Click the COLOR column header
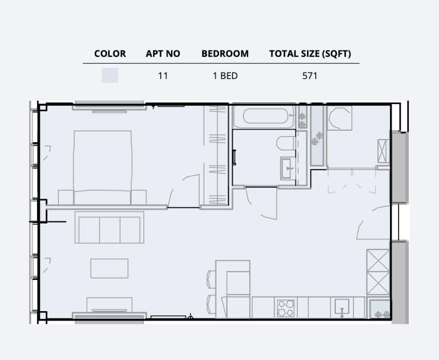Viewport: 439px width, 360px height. coord(110,54)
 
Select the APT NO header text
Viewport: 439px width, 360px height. coord(163,54)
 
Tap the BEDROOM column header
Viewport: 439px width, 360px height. coord(225,54)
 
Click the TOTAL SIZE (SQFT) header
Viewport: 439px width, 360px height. coord(310,54)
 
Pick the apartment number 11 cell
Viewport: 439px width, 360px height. coord(163,76)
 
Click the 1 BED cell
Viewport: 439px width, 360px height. coord(225,76)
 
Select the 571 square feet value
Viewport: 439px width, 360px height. coord(310,76)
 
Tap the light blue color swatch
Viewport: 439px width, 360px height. coord(110,76)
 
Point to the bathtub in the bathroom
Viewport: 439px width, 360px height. coord(265,116)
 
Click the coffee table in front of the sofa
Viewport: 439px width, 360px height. coord(109,268)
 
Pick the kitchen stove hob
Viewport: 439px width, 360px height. coord(286,308)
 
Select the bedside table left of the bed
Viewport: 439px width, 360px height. coord(66,197)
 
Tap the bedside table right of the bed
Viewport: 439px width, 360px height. coord(138,197)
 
